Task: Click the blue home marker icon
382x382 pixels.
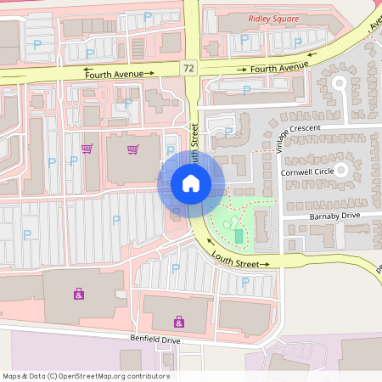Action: click(x=191, y=183)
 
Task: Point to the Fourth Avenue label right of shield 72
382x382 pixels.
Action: click(x=278, y=67)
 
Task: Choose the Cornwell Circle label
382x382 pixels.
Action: click(x=307, y=171)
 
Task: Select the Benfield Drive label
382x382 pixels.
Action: click(x=155, y=340)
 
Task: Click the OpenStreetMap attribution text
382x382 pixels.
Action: click(x=86, y=376)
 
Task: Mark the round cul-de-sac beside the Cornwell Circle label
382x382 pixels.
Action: click(x=342, y=171)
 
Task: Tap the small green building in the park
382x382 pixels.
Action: click(x=239, y=235)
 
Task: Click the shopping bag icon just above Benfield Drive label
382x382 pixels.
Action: click(x=179, y=322)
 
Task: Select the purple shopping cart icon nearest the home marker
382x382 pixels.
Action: click(x=132, y=149)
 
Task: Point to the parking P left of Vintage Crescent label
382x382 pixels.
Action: click(x=229, y=132)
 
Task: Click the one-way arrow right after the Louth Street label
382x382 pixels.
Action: click(x=266, y=265)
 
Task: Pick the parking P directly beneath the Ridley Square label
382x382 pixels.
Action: click(x=244, y=39)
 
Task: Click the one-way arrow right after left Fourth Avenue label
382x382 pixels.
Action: click(x=150, y=73)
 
